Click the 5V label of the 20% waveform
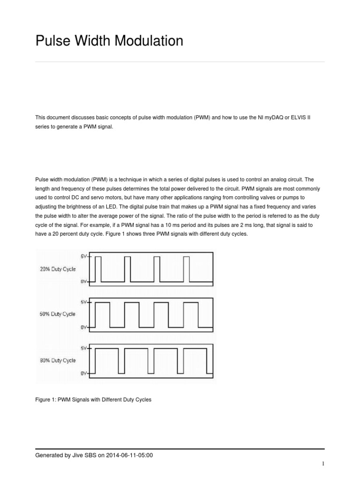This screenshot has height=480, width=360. (x=84, y=256)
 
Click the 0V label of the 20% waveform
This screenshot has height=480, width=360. (x=84, y=281)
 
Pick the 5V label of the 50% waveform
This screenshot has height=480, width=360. (x=84, y=302)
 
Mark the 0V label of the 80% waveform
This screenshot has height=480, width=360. (x=84, y=373)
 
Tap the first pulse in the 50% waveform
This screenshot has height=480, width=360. (x=102, y=314)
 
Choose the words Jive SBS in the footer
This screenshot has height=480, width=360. (x=81, y=455)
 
